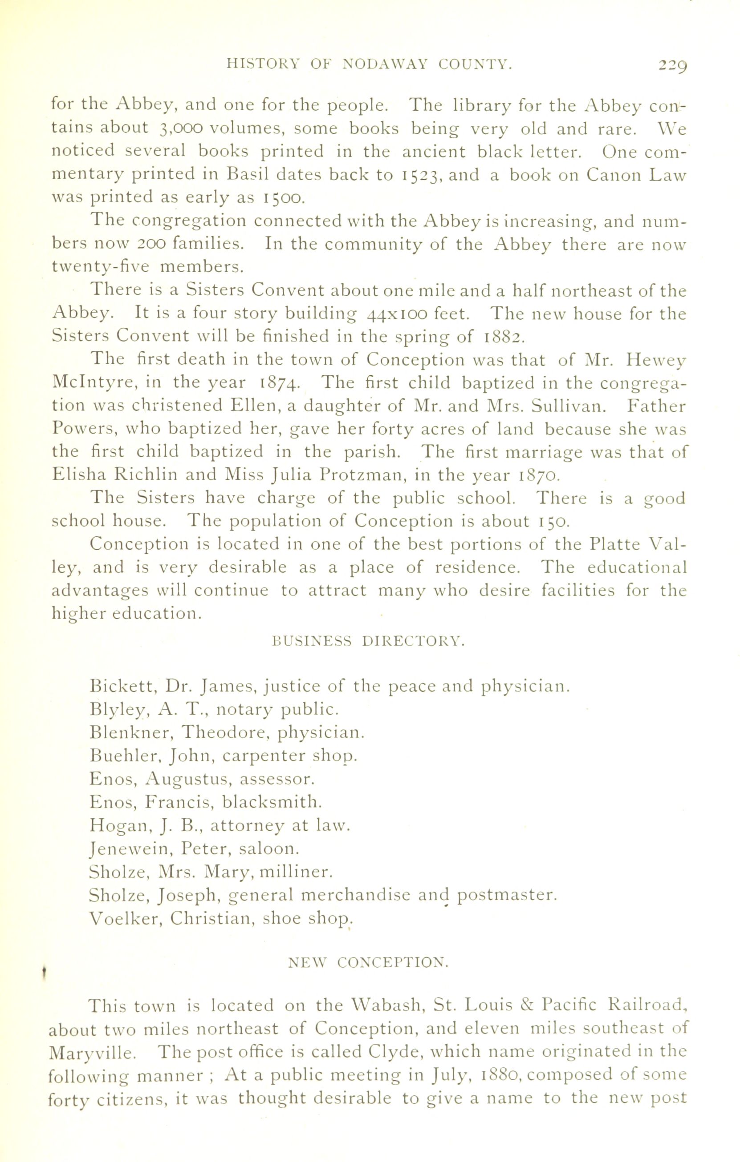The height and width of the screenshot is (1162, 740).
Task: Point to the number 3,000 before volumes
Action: point(179,129)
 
